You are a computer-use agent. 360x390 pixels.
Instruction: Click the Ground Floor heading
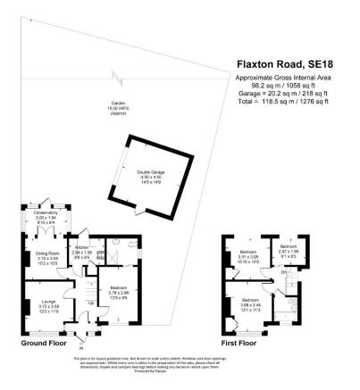(45, 343)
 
